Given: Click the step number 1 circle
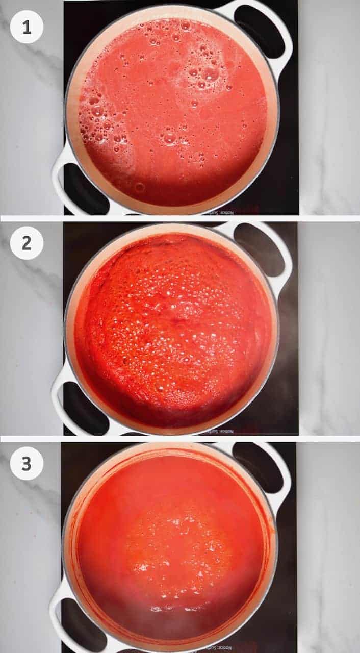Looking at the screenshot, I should [x=27, y=27].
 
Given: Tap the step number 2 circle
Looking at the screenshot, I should [x=27, y=243].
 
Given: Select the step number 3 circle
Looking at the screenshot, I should [x=27, y=463].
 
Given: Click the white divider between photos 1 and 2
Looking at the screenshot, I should [x=180, y=218].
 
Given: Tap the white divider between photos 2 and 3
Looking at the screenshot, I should [x=180, y=438].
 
